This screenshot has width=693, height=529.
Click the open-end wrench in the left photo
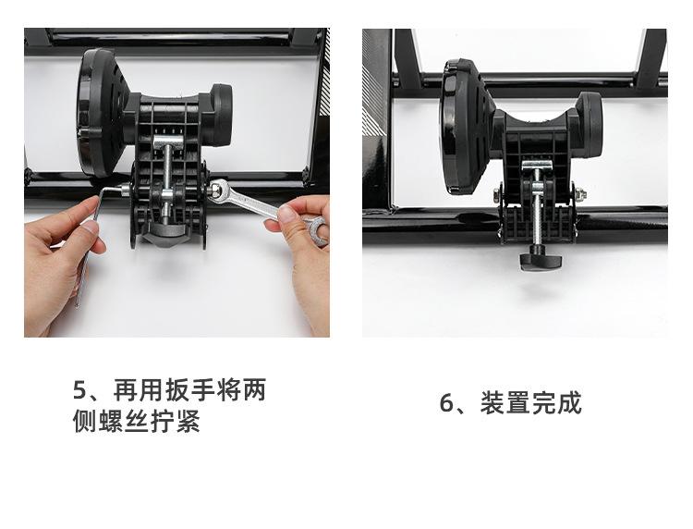pyautogui.click(x=265, y=207)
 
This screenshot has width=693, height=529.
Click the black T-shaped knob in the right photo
pyautogui.click(x=541, y=261)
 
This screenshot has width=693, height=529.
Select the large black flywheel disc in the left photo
pyautogui.click(x=100, y=113)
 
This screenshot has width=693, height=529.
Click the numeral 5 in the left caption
pyautogui.click(x=80, y=390)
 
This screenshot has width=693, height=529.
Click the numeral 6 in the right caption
pyautogui.click(x=446, y=403)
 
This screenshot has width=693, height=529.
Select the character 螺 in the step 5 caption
pyautogui.click(x=110, y=421)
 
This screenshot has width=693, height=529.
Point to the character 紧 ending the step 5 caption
pyautogui.click(x=188, y=421)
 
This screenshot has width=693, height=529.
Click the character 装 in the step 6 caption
pyautogui.click(x=492, y=402)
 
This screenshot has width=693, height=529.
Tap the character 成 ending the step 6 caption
pyautogui.click(x=569, y=402)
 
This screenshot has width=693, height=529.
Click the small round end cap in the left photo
pyautogui.click(x=220, y=115)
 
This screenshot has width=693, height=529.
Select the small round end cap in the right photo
pyautogui.click(x=590, y=126)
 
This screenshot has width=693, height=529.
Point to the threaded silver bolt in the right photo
pyautogui.click(x=538, y=208)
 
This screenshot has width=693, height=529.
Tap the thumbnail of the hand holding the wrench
pyautogui.click(x=287, y=215)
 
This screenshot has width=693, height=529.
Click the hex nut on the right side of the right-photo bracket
pyautogui.click(x=580, y=193)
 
